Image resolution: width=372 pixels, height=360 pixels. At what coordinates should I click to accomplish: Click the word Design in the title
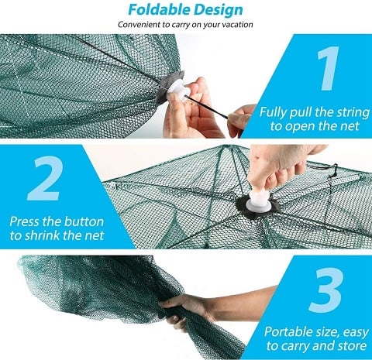point(219,10)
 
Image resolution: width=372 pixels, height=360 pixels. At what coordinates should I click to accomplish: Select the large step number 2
point(44,178)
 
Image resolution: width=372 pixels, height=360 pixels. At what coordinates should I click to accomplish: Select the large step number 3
point(326,290)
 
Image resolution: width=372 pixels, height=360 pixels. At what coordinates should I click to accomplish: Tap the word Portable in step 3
point(286,331)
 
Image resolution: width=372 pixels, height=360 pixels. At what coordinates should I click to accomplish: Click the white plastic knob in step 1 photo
point(177,90)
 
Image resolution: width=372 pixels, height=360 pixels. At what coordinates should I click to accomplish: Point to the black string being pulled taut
point(207,107)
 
